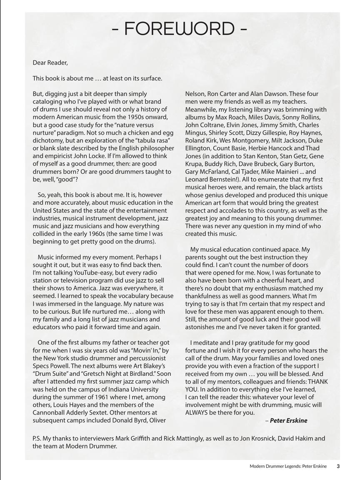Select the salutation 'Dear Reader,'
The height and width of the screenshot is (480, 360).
50,63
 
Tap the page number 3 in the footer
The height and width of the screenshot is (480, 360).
338,466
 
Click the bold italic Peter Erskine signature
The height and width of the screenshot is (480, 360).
288,420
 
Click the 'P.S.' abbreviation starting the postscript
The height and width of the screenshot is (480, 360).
38,438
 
